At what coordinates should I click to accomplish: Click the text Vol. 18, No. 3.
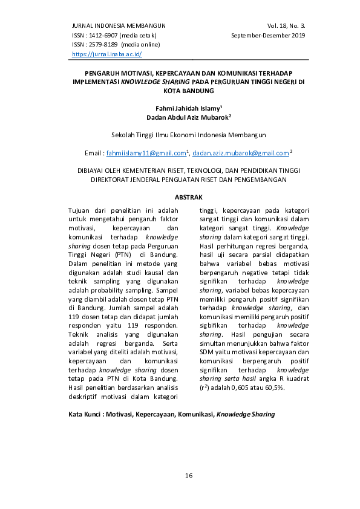(x=286, y=25)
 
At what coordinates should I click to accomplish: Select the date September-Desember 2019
(x=268, y=35)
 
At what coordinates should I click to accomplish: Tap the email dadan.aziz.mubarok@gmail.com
(x=241, y=154)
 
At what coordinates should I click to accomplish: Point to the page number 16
(x=189, y=476)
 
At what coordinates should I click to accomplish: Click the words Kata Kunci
(x=86, y=415)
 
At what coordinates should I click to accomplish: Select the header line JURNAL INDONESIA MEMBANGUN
(x=119, y=25)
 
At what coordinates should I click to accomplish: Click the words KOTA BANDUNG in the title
(x=189, y=90)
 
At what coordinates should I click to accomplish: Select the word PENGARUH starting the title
(x=92, y=71)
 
